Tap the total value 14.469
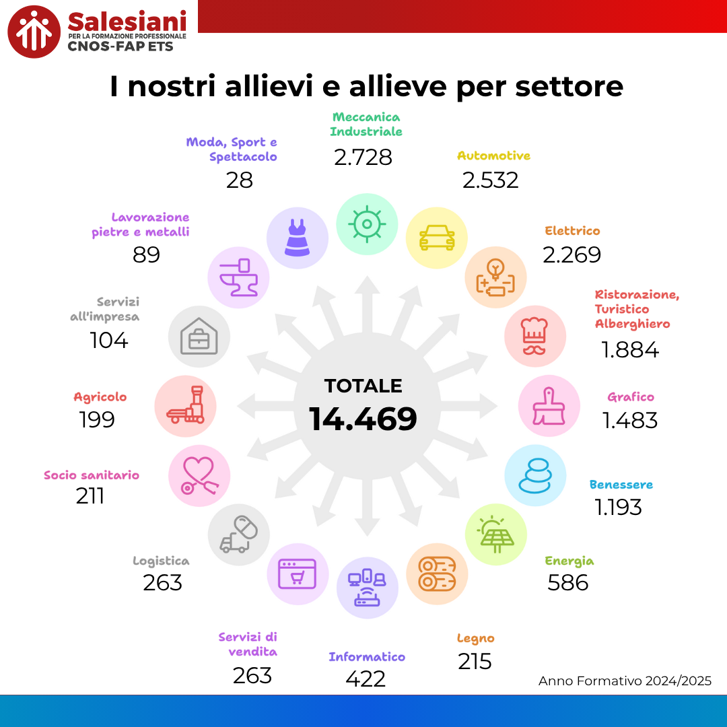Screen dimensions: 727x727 (363, 419)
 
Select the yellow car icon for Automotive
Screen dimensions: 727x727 (437, 238)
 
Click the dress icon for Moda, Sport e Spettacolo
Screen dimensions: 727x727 (298, 238)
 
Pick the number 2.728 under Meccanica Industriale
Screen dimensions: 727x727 (363, 158)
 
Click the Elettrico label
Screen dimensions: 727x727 (572, 231)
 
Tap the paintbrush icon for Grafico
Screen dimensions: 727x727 (549, 406)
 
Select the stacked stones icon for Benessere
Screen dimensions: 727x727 (535, 476)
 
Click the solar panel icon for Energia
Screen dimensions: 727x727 (496, 534)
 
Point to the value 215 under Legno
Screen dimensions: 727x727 (475, 661)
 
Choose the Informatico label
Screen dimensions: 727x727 (367, 656)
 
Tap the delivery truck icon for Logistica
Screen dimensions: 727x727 (238, 535)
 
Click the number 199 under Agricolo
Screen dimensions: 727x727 (97, 419)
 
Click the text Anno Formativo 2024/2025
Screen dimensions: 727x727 (625, 681)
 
